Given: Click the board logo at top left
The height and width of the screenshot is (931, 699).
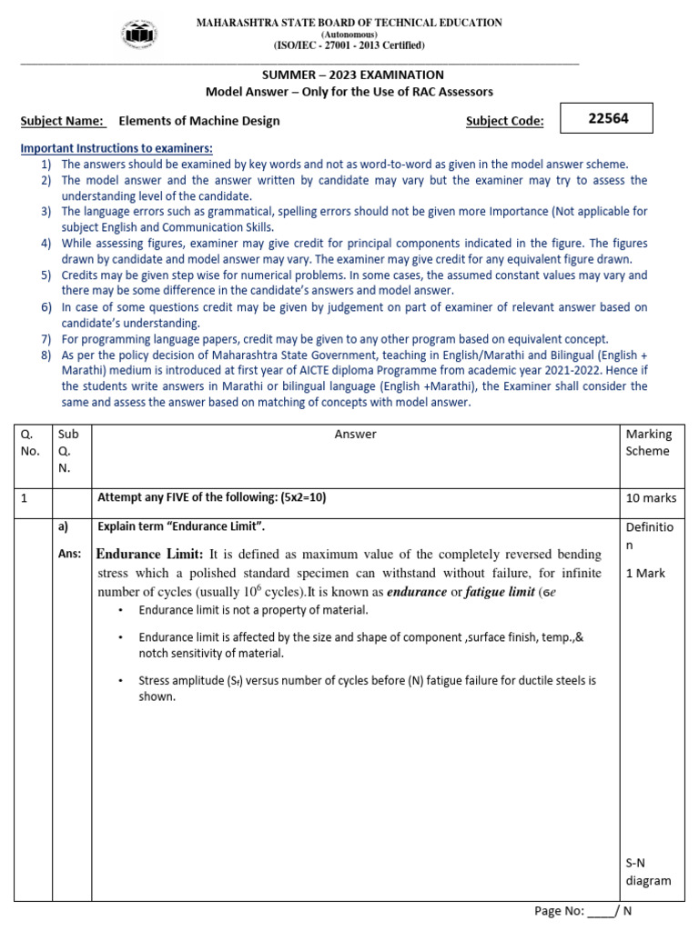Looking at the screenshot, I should tap(138, 34).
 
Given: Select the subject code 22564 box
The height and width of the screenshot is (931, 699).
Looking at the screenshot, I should tap(609, 118).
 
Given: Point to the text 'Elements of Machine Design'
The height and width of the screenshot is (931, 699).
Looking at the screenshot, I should tap(199, 121).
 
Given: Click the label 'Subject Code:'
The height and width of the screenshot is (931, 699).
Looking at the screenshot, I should tap(504, 121).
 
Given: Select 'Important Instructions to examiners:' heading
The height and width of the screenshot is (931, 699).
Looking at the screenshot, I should tap(116, 148).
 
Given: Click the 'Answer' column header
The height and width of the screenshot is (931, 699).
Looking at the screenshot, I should tap(355, 435).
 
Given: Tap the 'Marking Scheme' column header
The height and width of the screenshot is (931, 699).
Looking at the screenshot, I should tap(648, 443).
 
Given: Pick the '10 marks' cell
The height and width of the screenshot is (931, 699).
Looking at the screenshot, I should tap(650, 498).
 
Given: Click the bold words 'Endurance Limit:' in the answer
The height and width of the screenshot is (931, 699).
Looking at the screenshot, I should tap(150, 555).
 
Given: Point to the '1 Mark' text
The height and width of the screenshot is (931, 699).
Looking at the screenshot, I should tap(645, 574).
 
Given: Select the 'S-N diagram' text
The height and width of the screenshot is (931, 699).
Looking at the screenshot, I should tap(647, 872).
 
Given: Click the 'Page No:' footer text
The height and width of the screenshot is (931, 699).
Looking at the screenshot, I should tap(558, 911).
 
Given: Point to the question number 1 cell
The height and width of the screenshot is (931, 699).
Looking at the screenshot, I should tap(25, 498).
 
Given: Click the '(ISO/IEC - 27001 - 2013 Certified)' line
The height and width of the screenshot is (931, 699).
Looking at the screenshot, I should tap(349, 45).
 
